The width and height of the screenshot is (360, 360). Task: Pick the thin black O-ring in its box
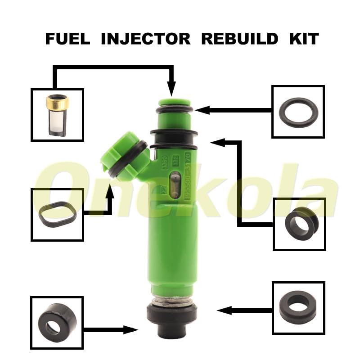click(x=298, y=113)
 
